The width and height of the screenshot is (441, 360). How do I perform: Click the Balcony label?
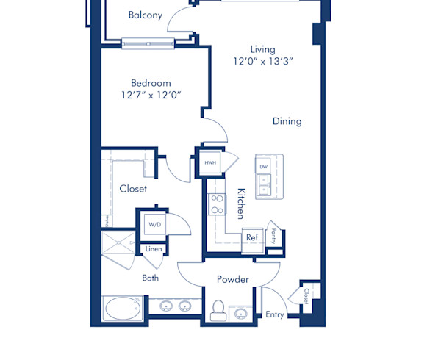coord(145,15)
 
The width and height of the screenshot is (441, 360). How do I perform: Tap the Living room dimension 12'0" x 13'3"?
coord(262,62)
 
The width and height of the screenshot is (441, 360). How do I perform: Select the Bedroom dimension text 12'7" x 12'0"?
coord(151,95)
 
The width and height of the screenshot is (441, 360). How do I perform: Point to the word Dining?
coord(287,121)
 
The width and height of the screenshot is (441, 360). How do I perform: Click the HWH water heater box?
coord(210,162)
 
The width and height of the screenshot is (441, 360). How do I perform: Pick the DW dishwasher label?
coord(263,167)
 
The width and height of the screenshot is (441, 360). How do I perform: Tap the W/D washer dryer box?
coord(155,224)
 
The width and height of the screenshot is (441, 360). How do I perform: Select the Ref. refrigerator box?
coord(253,237)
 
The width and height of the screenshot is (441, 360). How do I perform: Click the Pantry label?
coord(274,236)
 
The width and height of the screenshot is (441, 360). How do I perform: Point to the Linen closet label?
coord(153,250)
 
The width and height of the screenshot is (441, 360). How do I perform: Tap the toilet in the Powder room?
coord(218,309)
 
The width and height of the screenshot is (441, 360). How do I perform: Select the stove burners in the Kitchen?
coord(217,204)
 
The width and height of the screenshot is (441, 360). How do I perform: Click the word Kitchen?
coord(240,203)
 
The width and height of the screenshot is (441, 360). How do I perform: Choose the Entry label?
coord(275,314)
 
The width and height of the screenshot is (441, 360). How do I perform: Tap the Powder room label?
coord(232,280)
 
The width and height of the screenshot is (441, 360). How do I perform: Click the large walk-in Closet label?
coord(133,189)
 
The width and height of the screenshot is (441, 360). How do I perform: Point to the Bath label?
coord(151,278)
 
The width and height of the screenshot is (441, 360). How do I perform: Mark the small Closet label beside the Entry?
coord(306,295)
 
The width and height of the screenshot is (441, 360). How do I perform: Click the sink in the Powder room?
coord(240,314)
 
